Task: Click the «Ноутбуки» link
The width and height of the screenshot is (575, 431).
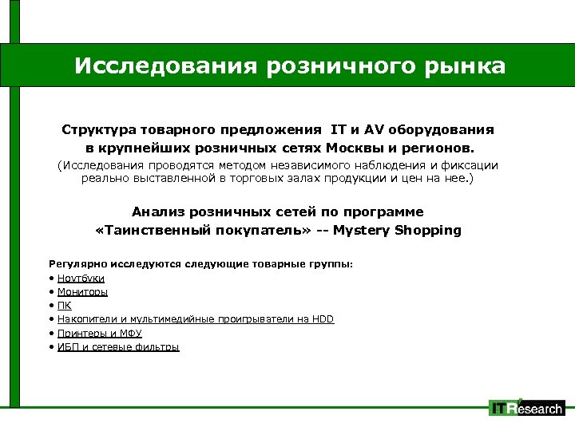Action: (81, 278)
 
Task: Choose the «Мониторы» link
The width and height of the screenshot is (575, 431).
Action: (82, 291)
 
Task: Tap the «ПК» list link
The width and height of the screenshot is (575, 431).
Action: (65, 305)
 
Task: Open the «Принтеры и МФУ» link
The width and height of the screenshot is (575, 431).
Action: (100, 333)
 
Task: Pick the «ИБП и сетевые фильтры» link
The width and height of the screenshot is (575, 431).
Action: (118, 346)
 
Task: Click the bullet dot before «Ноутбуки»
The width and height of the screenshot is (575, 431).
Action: (51, 278)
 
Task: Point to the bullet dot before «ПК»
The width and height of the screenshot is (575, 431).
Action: (51, 305)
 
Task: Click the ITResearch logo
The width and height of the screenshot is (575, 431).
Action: (526, 408)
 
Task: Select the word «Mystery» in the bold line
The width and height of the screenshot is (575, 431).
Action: (362, 231)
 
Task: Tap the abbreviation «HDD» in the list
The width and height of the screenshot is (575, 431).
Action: (323, 319)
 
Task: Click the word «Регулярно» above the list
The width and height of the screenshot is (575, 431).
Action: (75, 263)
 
